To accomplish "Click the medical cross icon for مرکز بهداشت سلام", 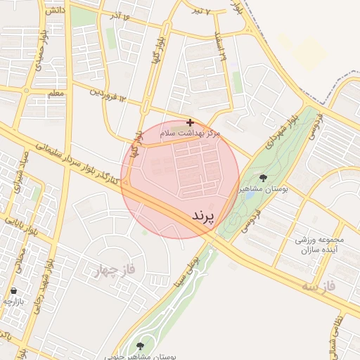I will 190,122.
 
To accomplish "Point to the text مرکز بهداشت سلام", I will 191,133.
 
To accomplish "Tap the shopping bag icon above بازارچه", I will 13,290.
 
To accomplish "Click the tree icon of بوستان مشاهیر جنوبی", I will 139,345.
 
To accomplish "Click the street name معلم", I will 56,93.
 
